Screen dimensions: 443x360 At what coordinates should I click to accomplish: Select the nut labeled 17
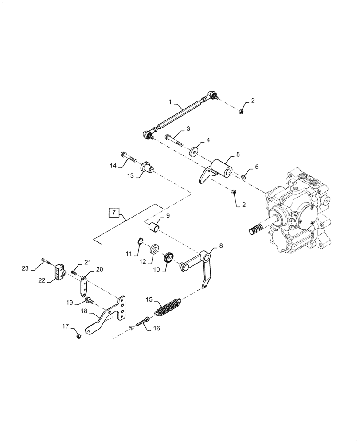click(x=79, y=337)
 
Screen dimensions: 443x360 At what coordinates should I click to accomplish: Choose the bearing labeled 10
click(x=169, y=258)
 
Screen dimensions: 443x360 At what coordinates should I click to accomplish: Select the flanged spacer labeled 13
click(x=147, y=169)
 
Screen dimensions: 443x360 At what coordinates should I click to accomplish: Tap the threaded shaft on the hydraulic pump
click(x=255, y=230)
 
